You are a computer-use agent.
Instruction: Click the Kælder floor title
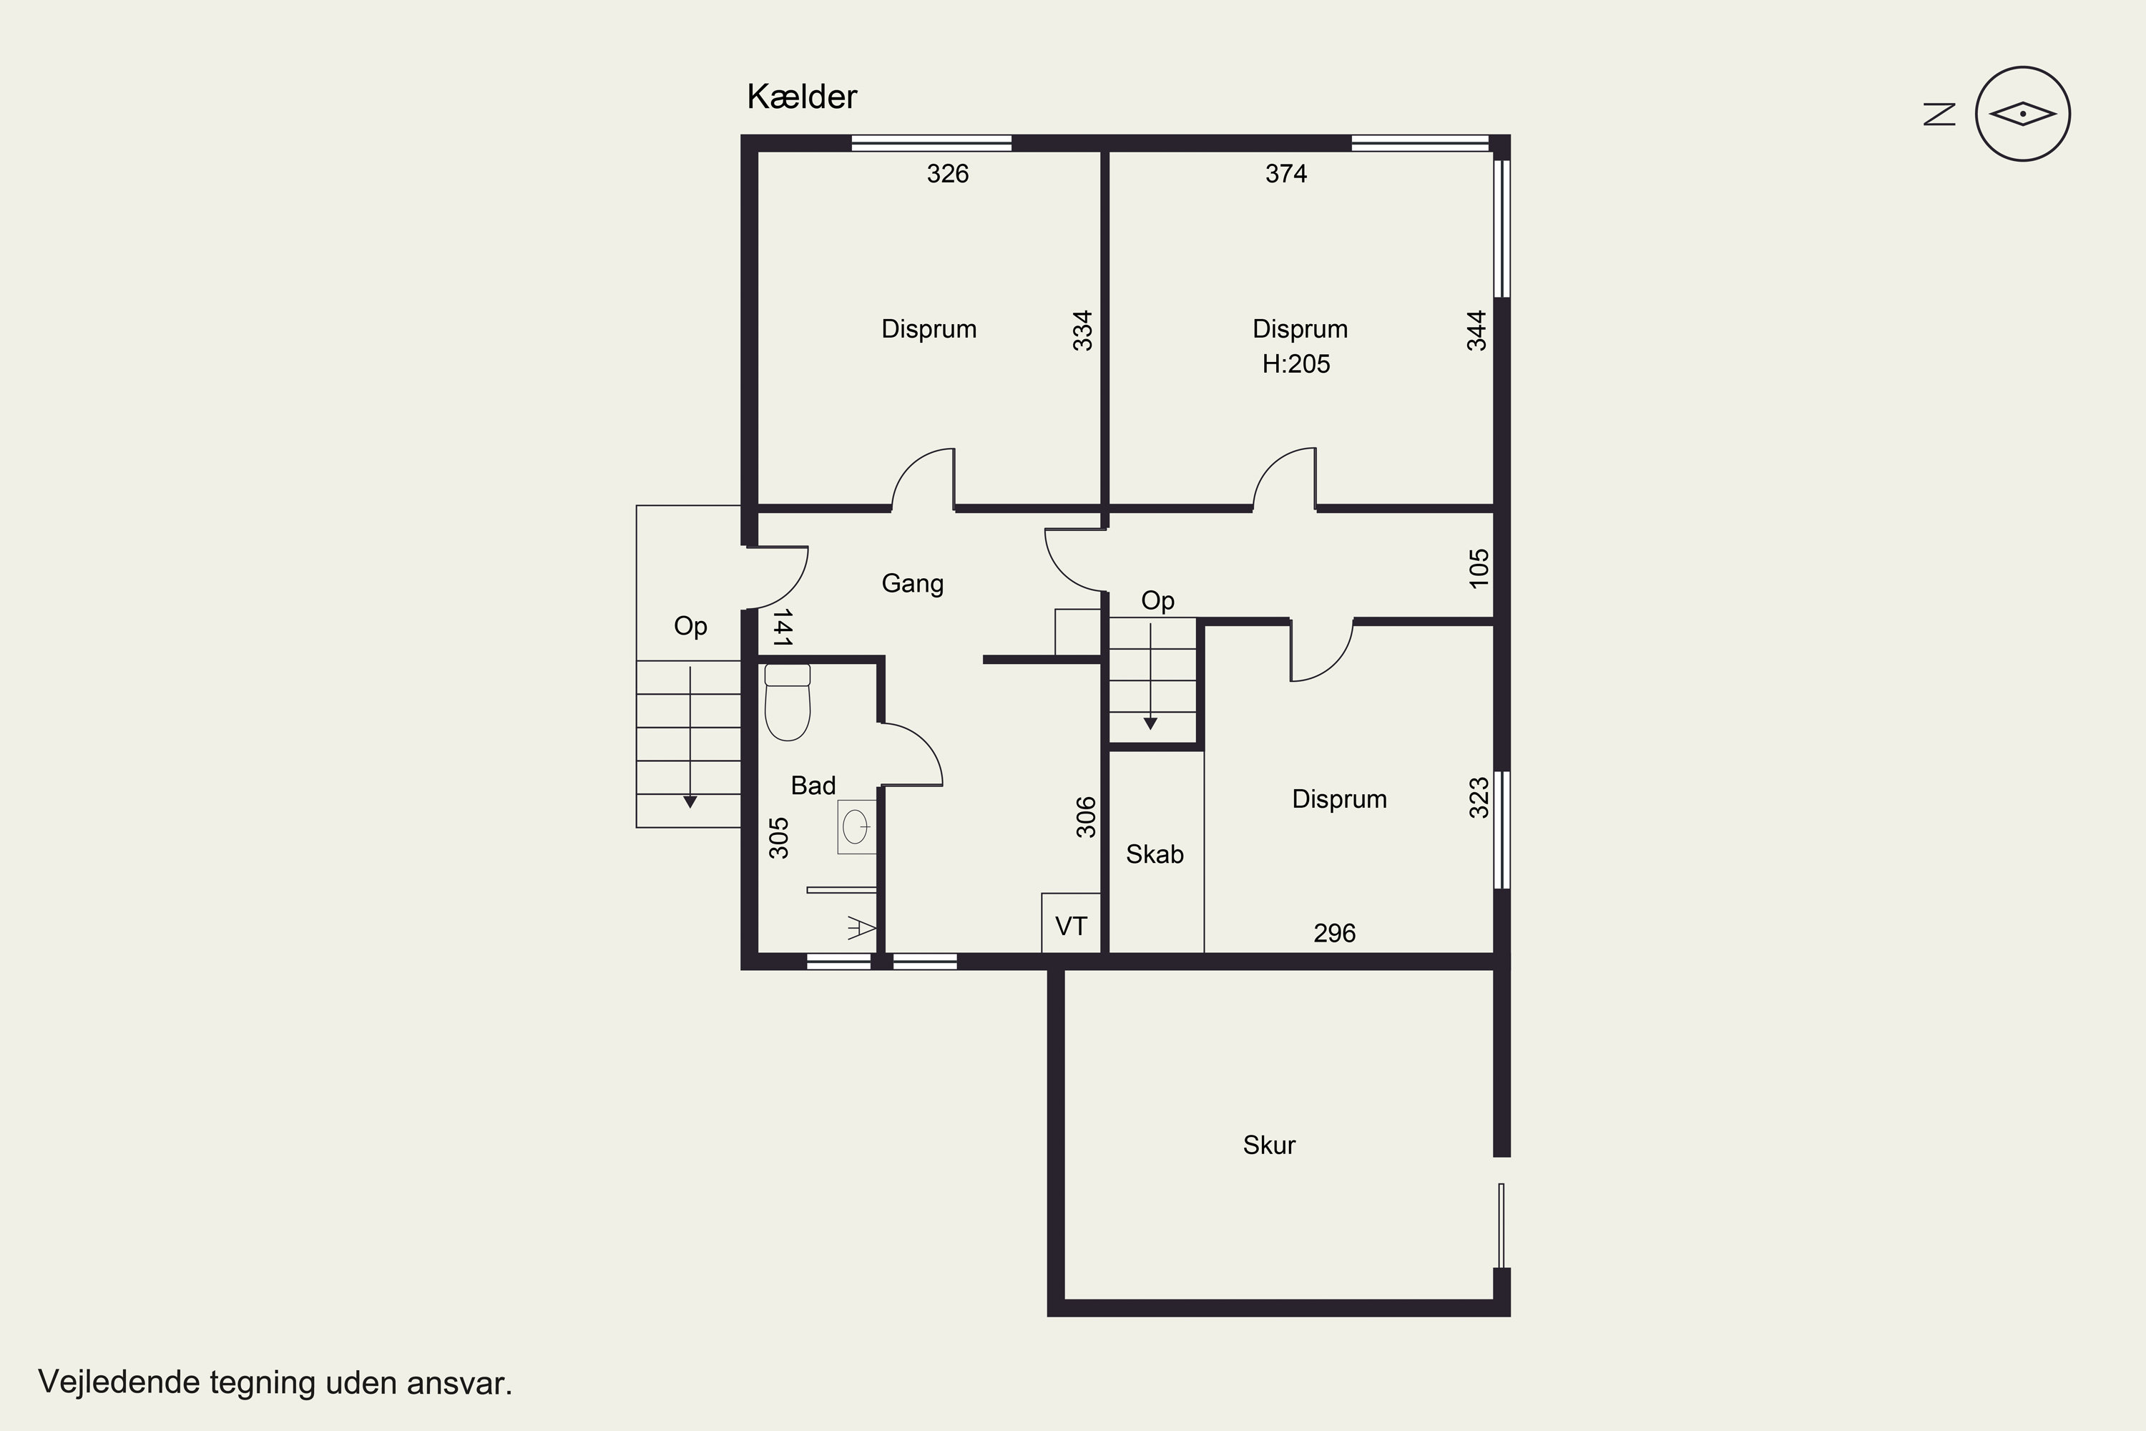click(x=802, y=97)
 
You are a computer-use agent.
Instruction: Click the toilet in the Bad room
click(x=786, y=702)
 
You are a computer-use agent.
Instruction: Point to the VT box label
click(x=1070, y=927)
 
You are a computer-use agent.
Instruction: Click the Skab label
click(x=1155, y=854)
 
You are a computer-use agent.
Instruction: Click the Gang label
click(x=913, y=584)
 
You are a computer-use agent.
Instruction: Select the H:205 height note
click(x=1295, y=364)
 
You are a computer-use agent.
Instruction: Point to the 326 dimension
click(x=947, y=173)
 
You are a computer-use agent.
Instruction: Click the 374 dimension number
click(x=1285, y=173)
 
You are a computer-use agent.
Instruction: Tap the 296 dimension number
click(x=1334, y=933)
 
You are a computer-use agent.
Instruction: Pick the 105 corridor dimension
click(x=1479, y=567)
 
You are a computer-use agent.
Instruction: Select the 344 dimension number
click(x=1476, y=331)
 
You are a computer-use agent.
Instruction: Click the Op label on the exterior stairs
click(x=691, y=627)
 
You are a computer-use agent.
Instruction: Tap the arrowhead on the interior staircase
click(x=1150, y=723)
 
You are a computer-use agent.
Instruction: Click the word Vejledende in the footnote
click(x=119, y=1382)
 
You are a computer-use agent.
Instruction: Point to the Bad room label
click(x=813, y=786)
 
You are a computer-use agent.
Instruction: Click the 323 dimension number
click(x=1479, y=797)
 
